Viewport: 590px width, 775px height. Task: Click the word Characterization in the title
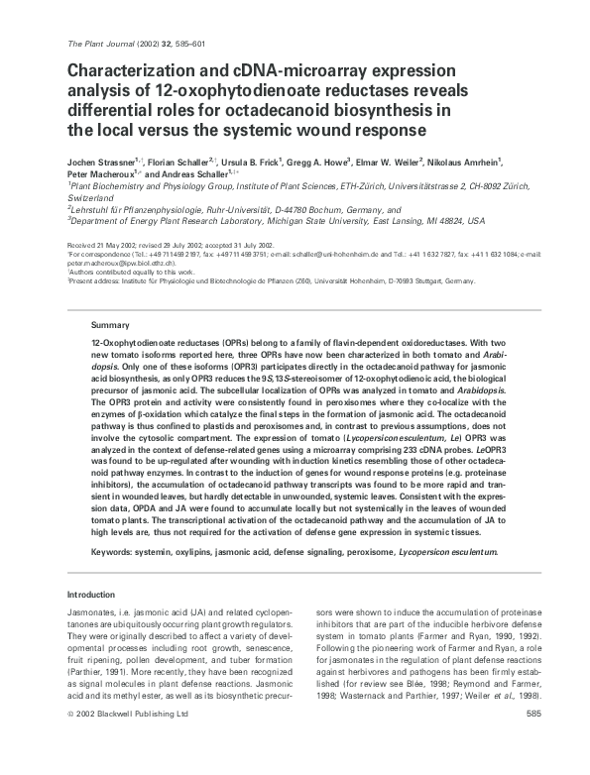[139, 71]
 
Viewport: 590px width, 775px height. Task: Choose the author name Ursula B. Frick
[250, 161]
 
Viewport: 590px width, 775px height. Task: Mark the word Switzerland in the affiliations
[90, 197]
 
